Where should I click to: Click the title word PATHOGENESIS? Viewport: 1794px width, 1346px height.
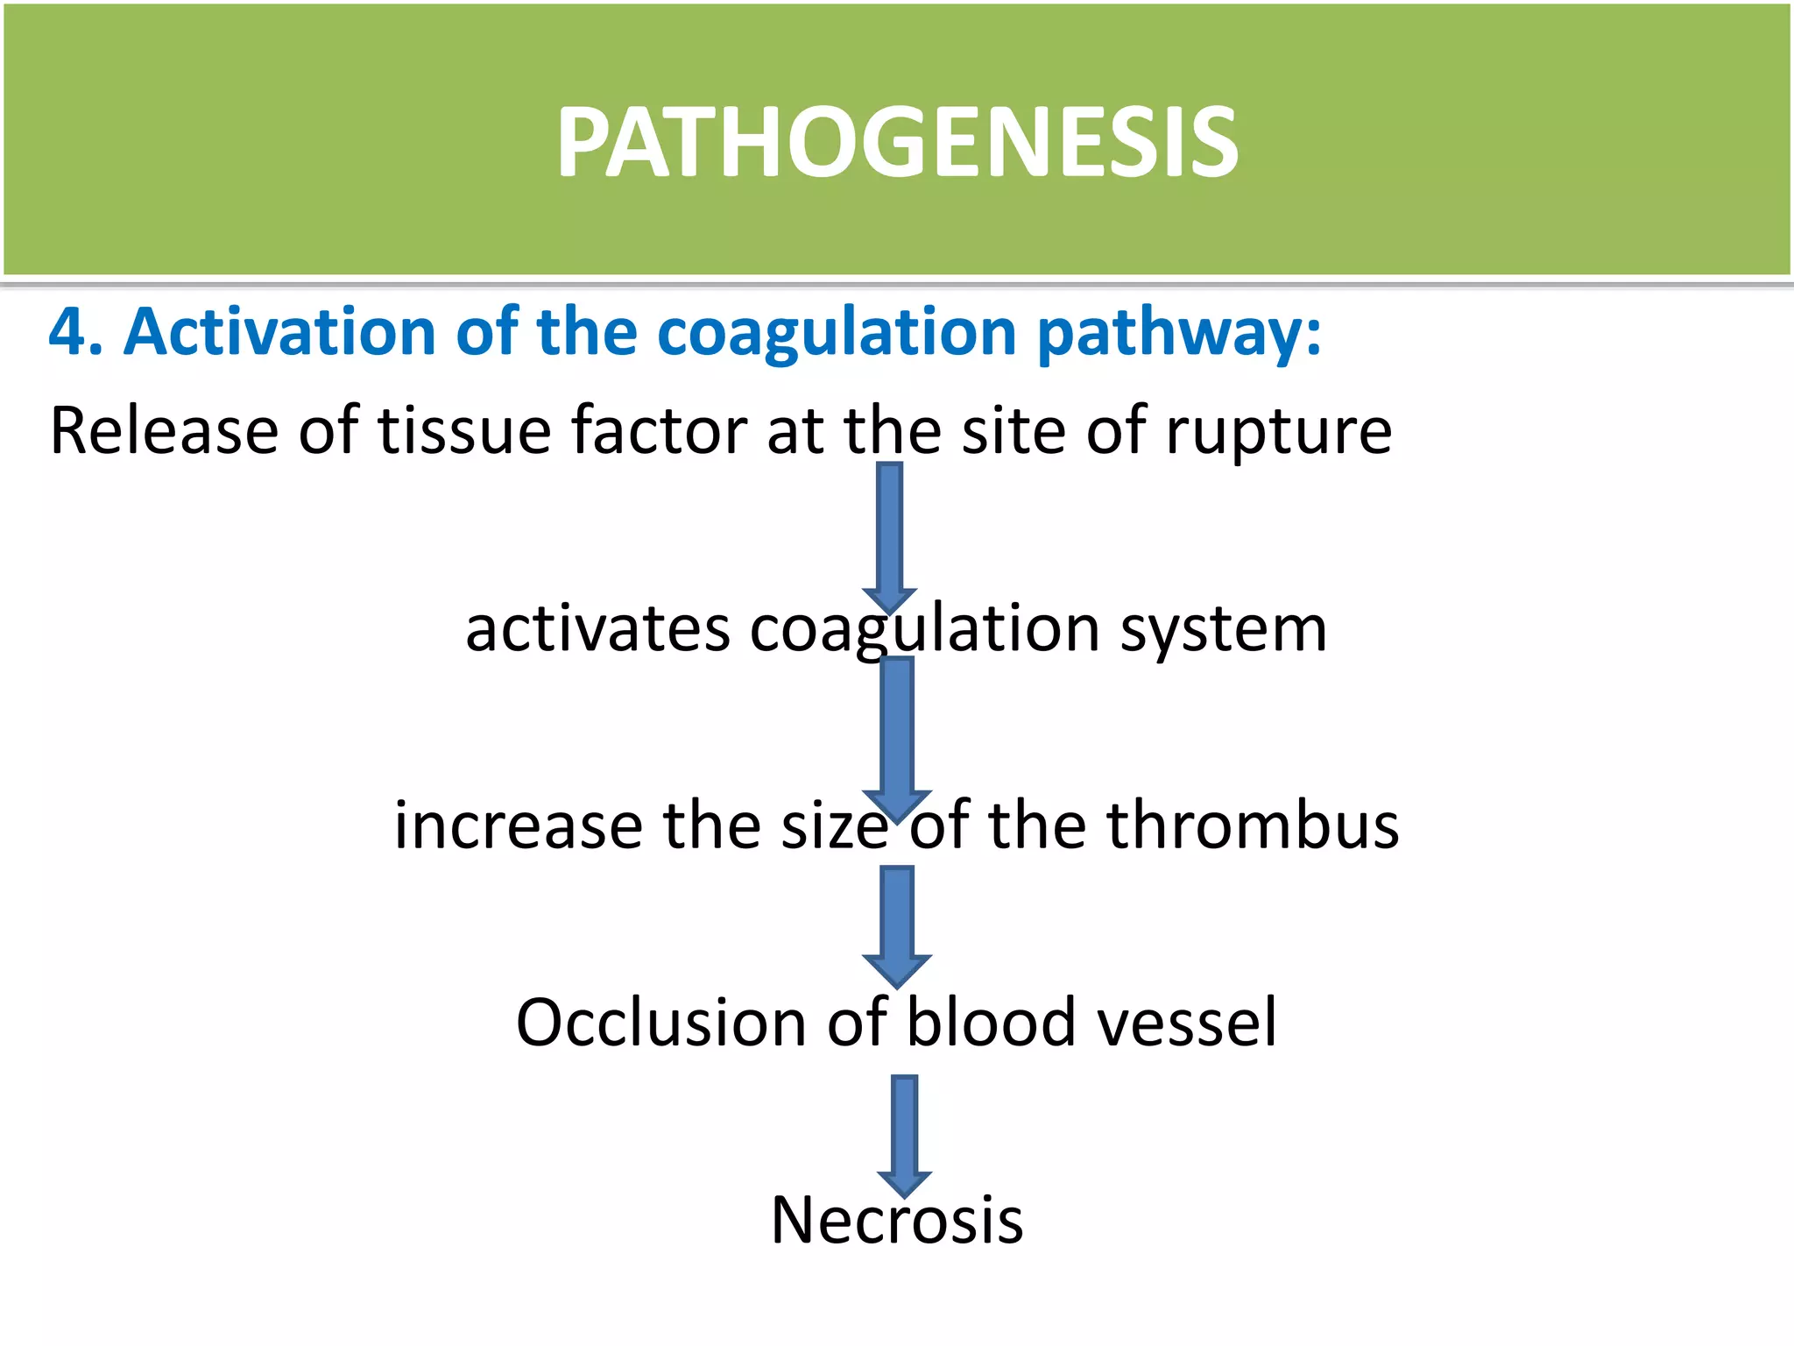897,143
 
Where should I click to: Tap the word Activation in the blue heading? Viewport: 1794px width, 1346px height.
279,333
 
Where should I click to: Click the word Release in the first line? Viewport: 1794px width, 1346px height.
163,431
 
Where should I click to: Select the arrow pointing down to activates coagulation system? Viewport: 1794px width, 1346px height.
890,536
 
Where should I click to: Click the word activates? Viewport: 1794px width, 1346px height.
597,629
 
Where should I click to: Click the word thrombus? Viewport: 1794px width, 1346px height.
1253,826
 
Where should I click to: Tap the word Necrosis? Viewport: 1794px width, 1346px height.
897,1221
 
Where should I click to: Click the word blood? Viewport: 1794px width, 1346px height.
991,1023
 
